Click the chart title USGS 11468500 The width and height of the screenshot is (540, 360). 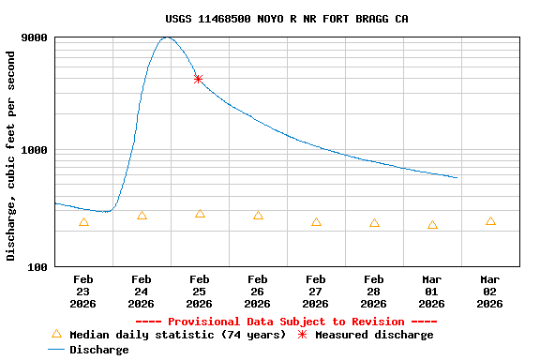(286, 19)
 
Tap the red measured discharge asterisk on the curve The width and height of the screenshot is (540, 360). (198, 80)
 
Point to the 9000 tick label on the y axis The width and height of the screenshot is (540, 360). (35, 37)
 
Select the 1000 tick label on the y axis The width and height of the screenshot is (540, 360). (35, 150)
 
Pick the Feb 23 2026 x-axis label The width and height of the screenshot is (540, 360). (83, 291)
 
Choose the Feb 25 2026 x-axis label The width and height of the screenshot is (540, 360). (199, 291)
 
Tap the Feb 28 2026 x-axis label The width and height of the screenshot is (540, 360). (373, 291)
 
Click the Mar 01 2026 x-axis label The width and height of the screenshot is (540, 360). (431, 291)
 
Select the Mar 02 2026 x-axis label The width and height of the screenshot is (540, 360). (489, 291)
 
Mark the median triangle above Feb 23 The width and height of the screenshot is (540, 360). (83, 222)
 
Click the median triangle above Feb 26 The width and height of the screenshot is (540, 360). (258, 216)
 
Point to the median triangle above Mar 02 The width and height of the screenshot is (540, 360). (490, 221)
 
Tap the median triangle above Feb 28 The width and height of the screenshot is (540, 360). (374, 223)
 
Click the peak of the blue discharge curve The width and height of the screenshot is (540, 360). (166, 37)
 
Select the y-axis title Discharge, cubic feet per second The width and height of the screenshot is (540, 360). (11, 156)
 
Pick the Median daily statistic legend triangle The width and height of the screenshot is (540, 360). (56, 334)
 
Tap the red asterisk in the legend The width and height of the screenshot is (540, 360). (302, 335)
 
